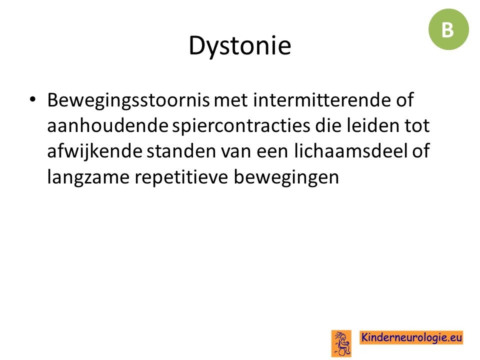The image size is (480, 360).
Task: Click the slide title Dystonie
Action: coord(239,46)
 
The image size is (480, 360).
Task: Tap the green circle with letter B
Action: coord(448,29)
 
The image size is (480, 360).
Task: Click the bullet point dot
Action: coord(32,99)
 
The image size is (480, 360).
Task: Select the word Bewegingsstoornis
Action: coord(128,100)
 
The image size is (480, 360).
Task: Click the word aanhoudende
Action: coord(108,125)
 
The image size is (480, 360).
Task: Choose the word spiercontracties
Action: coord(241,126)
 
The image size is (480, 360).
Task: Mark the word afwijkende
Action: coord(94,151)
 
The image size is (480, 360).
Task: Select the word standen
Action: coord(181,151)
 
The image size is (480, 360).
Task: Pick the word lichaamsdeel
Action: coord(351,151)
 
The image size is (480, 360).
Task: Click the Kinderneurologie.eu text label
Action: coord(411,337)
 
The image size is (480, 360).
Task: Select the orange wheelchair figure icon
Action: coord(341,343)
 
